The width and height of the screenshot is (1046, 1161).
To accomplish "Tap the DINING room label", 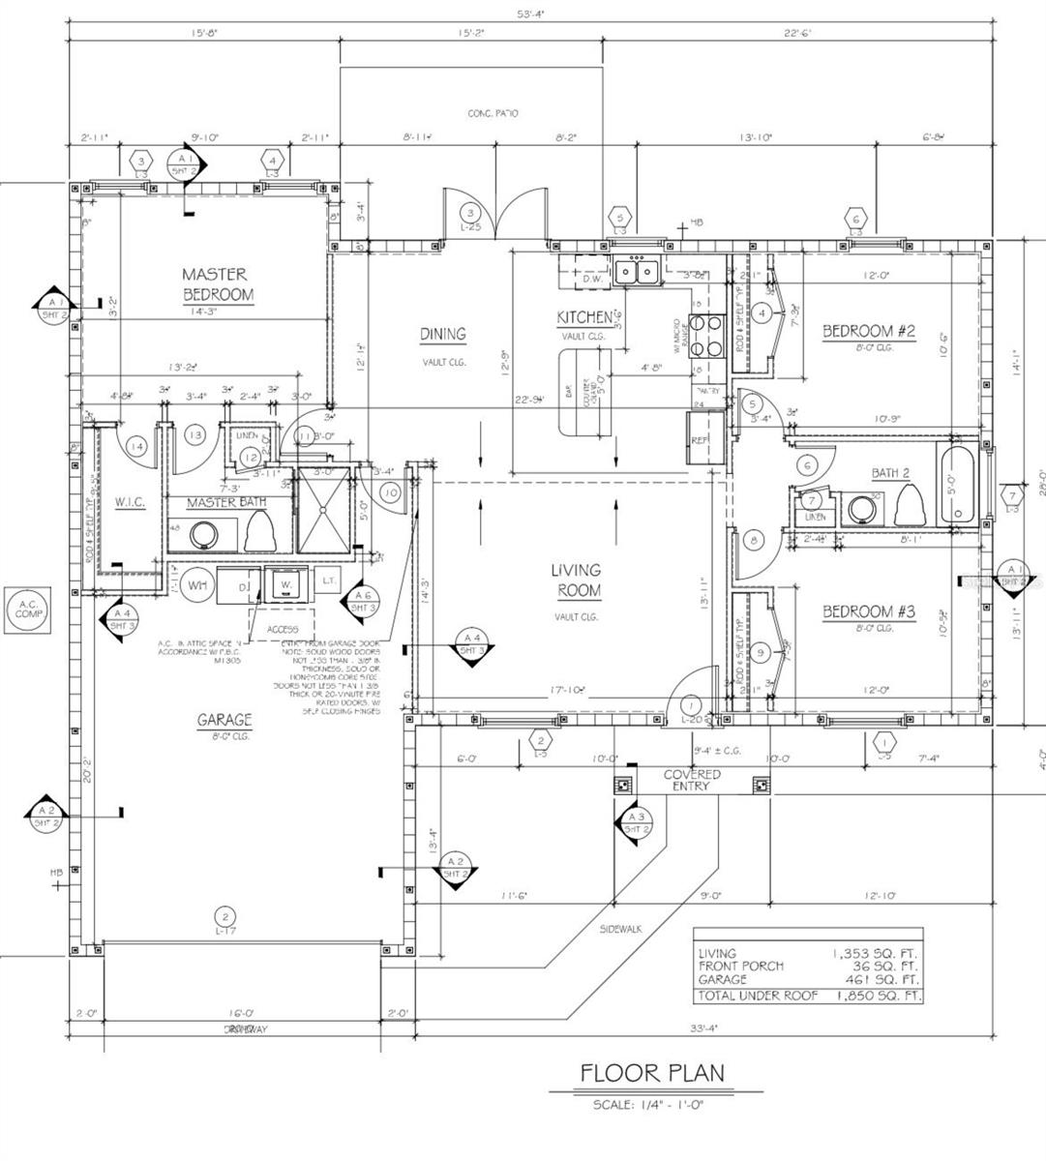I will pos(442,335).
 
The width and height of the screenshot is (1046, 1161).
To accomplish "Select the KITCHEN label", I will pos(583,317).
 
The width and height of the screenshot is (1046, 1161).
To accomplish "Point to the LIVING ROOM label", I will pos(576,580).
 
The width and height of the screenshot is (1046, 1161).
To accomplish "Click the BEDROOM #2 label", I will pos(868,332).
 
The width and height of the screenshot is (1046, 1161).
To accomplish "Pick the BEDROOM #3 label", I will pos(868,611).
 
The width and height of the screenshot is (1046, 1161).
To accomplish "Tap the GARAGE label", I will pos(224,720).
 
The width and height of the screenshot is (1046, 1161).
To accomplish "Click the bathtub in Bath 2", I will pos(957,484).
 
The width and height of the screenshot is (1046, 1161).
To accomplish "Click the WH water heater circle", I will pos(197,584).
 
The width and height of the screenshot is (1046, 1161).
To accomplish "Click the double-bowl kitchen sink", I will pos(636,272).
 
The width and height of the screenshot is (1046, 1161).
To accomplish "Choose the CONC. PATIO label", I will pos(493,113).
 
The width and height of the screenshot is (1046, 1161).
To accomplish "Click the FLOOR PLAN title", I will pos(651,1072).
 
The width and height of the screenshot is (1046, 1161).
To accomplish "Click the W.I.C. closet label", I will pos(129,503).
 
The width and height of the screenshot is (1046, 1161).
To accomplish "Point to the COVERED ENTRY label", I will pos(691,780).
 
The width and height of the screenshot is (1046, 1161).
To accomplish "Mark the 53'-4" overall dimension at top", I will pos(529,13).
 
